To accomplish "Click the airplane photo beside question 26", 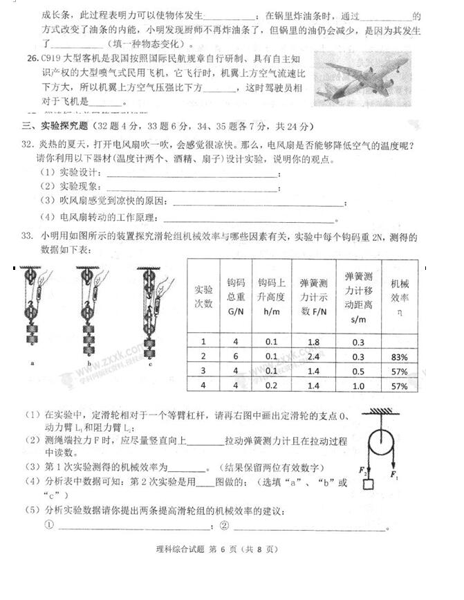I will (x=362, y=78).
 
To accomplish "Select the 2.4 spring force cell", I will (x=313, y=356).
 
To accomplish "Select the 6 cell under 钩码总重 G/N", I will (x=235, y=356).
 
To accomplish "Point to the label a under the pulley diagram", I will (x=33, y=362).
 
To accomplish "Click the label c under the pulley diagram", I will (x=149, y=363).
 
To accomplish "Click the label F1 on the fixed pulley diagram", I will (x=393, y=475).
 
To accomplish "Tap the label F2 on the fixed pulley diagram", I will (x=360, y=471).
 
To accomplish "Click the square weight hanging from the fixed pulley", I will (x=367, y=484).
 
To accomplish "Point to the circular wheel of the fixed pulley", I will (x=379, y=443).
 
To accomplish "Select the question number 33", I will (x=27, y=237).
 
